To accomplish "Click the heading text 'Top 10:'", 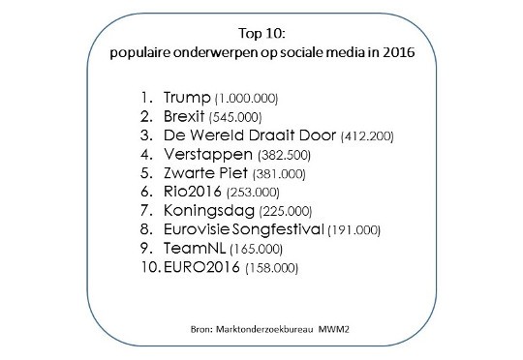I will tap(261, 30).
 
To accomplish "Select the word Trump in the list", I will tap(185, 98).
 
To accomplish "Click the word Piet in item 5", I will tap(231, 173).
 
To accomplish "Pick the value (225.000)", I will tap(283, 211).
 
